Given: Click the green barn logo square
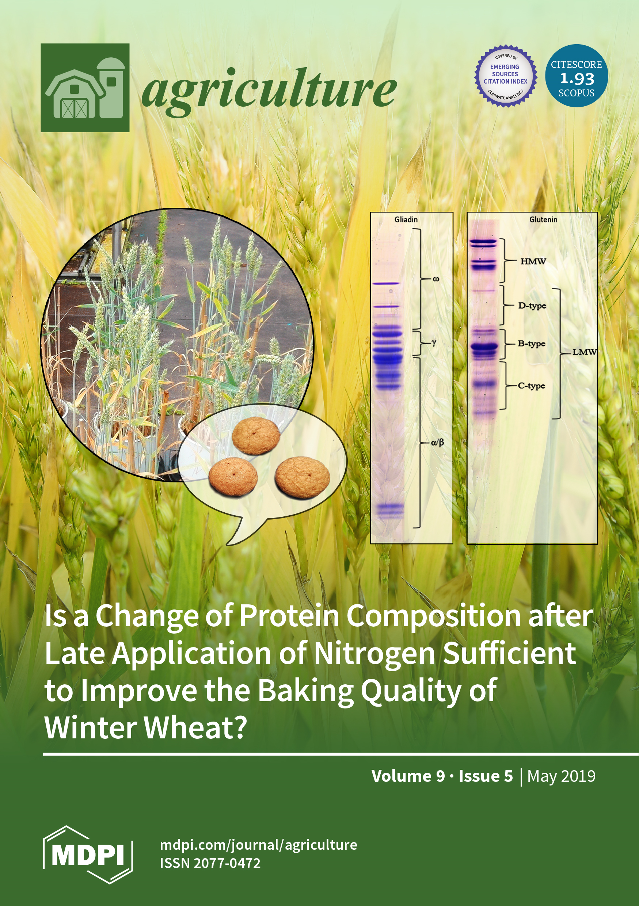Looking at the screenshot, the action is (85, 88).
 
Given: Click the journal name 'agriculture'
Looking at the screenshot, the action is (269, 91).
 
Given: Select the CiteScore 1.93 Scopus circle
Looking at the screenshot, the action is (576, 75).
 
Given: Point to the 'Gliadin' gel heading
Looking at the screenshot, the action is (406, 219).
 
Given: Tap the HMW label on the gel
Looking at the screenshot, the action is (533, 261).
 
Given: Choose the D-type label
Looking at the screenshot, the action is (532, 306).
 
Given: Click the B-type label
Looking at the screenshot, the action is (531, 344).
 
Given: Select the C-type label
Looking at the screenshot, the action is (531, 386).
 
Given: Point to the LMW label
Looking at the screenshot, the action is (585, 352).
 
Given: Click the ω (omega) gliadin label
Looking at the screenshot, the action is (436, 279).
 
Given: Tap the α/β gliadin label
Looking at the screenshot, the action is (437, 443).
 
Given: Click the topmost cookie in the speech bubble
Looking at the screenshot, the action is (256, 436).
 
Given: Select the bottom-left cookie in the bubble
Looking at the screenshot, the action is (233, 477).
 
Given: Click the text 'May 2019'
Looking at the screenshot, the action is (561, 776).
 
